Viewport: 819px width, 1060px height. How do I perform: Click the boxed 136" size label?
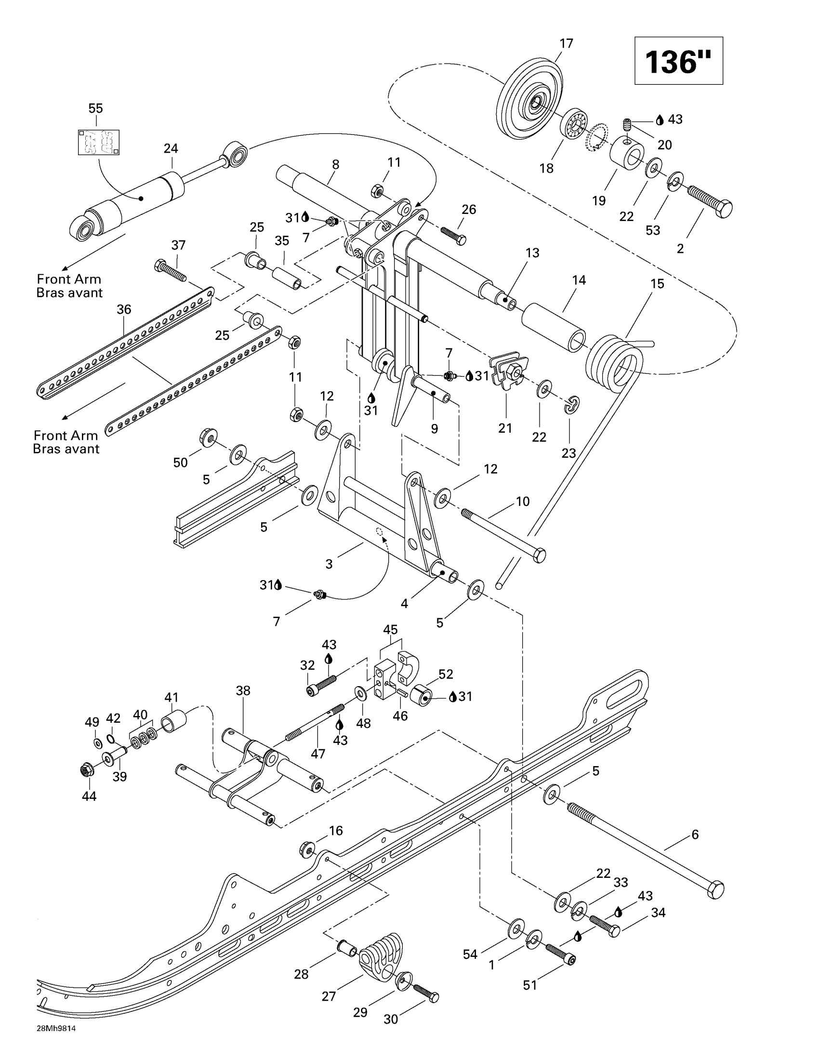pyautogui.click(x=678, y=61)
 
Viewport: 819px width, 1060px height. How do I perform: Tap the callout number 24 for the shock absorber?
pyautogui.click(x=171, y=148)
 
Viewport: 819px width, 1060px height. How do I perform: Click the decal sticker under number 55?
pyautogui.click(x=98, y=142)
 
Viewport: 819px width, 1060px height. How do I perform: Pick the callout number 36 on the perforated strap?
pyautogui.click(x=124, y=309)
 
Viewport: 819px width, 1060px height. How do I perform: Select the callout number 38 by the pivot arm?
pyautogui.click(x=243, y=690)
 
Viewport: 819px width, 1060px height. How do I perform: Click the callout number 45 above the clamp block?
pyautogui.click(x=390, y=630)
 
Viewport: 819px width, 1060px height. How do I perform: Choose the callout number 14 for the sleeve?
pyautogui.click(x=579, y=280)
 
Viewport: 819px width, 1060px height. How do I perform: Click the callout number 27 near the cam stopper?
pyautogui.click(x=329, y=996)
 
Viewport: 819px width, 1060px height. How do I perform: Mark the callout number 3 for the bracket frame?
pyautogui.click(x=329, y=564)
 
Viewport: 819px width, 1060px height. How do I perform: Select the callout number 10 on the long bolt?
pyautogui.click(x=523, y=502)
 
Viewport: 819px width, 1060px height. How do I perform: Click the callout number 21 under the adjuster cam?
pyautogui.click(x=505, y=428)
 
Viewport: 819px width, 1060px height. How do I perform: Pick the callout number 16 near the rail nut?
pyautogui.click(x=336, y=831)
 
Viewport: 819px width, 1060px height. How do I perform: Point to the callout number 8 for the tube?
pyautogui.click(x=336, y=164)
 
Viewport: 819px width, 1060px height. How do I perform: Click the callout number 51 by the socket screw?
pyautogui.click(x=530, y=985)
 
